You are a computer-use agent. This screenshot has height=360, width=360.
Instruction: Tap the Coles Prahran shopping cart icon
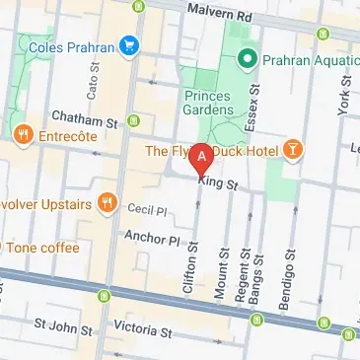point(128,44)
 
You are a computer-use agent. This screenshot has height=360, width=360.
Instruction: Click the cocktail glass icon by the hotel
point(293,151)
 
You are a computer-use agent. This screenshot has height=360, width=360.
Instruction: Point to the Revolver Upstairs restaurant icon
point(107,204)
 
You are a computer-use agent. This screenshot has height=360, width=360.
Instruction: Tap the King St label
point(219,180)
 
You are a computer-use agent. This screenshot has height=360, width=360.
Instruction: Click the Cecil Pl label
point(149,209)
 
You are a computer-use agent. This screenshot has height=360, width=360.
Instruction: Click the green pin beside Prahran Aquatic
point(250,56)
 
